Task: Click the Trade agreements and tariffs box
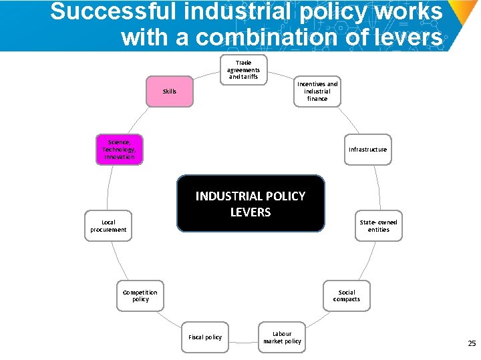tap(243, 69)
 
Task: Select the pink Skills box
tap(170, 92)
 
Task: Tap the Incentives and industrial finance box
tap(317, 91)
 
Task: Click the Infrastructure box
tap(367, 150)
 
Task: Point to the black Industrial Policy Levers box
tap(251, 204)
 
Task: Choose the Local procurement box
tap(108, 226)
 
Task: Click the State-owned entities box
tap(378, 226)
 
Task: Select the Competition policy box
tap(140, 295)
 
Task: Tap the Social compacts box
tap(347, 295)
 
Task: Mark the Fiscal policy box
tap(205, 337)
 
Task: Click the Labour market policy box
tap(282, 337)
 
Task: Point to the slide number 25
tap(472, 343)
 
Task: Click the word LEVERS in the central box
tap(251, 212)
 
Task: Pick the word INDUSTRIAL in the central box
tap(228, 196)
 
